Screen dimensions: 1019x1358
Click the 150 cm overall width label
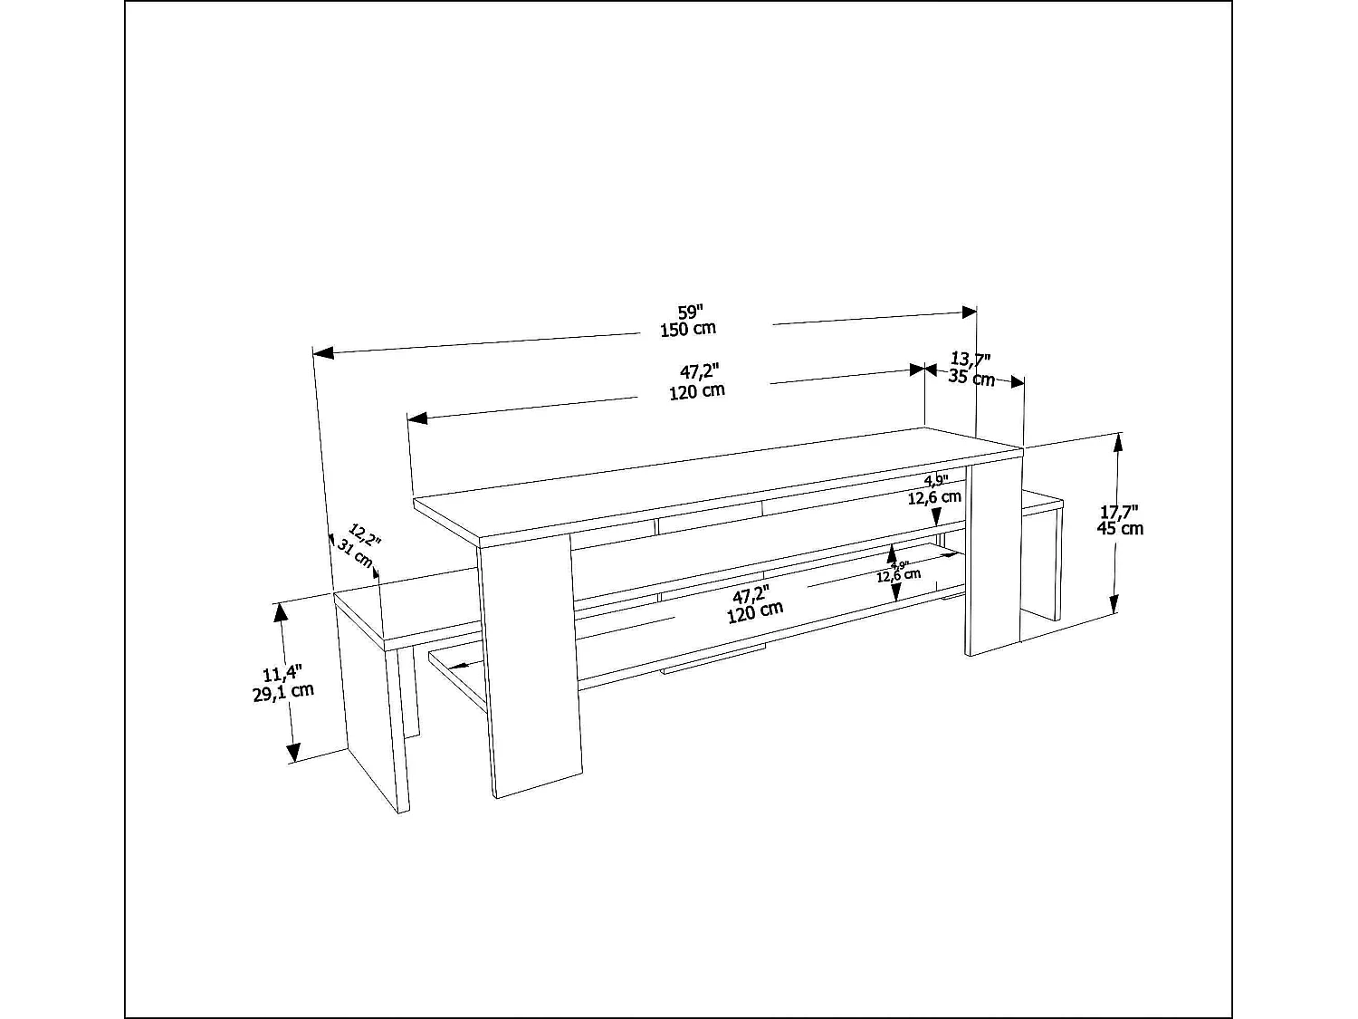coord(688,329)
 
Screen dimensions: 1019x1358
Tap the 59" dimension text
coord(691,311)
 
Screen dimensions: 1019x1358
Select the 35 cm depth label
coord(971,378)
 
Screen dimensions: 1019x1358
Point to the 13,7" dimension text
coord(971,360)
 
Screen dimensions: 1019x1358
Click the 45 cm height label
coord(1120,528)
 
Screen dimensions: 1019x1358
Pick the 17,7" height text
coord(1120,511)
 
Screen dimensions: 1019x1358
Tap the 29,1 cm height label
coord(283,691)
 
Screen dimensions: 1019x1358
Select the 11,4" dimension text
coord(282,674)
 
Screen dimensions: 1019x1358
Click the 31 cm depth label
coord(355,553)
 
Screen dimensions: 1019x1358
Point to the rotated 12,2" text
coord(366,535)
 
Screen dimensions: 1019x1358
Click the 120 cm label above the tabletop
coord(697,391)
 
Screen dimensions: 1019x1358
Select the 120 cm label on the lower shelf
coord(755,612)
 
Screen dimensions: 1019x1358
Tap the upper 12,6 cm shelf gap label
coord(935,497)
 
